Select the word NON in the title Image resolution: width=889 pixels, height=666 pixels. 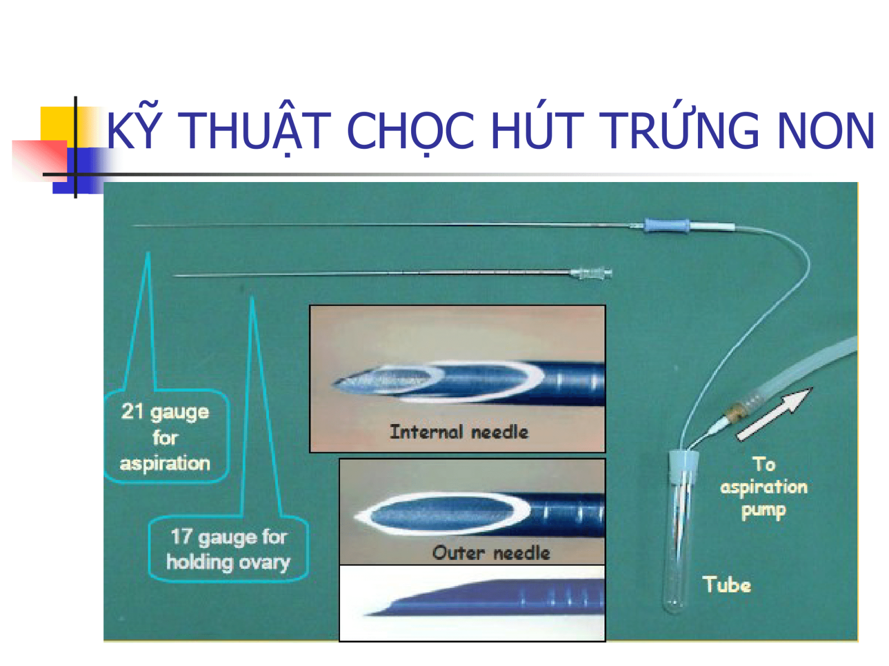[x=826, y=130]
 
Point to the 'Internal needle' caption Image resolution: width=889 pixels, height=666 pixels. [x=459, y=432]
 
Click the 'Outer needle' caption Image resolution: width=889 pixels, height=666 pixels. [x=491, y=553]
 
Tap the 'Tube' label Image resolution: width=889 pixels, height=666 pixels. [x=726, y=585]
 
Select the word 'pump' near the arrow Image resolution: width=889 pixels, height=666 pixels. [x=763, y=511]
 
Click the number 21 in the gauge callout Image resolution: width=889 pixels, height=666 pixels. [x=132, y=411]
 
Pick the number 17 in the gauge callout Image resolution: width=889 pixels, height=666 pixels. [x=181, y=537]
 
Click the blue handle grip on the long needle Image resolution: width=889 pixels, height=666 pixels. [x=666, y=225]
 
